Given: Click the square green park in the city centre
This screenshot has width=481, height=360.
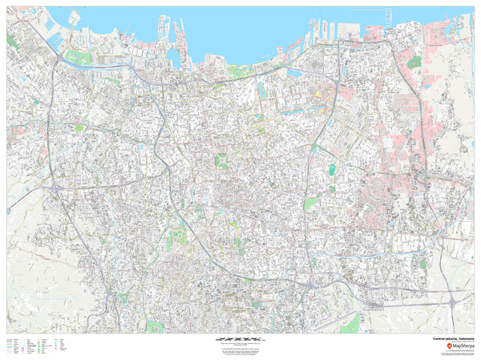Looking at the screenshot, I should pos(221,160).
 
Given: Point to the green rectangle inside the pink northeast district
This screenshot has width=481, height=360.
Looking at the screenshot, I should pos(414,61).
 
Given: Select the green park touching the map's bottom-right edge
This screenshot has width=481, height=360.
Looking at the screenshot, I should pos(350,324).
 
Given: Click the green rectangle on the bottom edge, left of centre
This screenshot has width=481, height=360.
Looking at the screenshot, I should pos(155,327).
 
